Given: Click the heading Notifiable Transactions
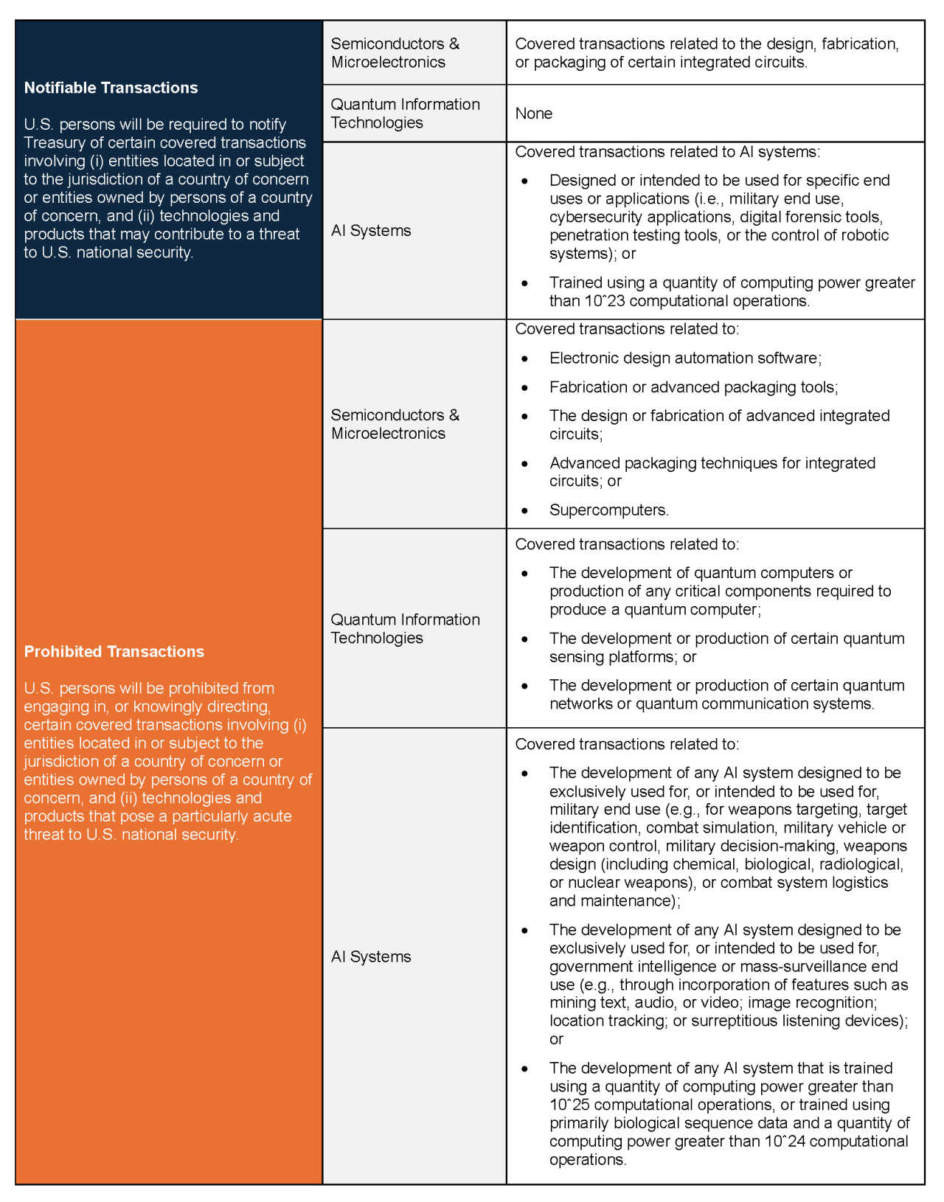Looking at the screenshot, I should (111, 88).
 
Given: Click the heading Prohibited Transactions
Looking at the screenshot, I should (114, 652).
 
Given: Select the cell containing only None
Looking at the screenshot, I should (534, 114).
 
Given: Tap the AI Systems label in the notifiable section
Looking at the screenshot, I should (371, 231).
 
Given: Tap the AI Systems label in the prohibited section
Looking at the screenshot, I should (371, 956).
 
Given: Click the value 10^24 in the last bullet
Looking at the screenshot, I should (785, 1142).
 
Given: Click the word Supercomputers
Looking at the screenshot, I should (608, 510).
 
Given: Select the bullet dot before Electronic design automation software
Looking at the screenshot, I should (525, 358).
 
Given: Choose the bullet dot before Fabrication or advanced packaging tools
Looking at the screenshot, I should (525, 388).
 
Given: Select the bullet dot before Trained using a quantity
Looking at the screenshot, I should (525, 283).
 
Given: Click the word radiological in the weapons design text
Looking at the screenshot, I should (858, 864).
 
